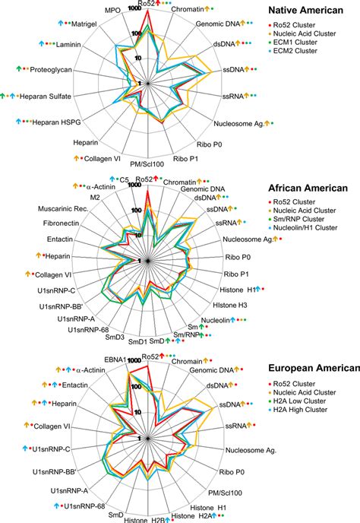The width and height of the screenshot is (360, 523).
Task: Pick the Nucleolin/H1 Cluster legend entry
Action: [x=316, y=227]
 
